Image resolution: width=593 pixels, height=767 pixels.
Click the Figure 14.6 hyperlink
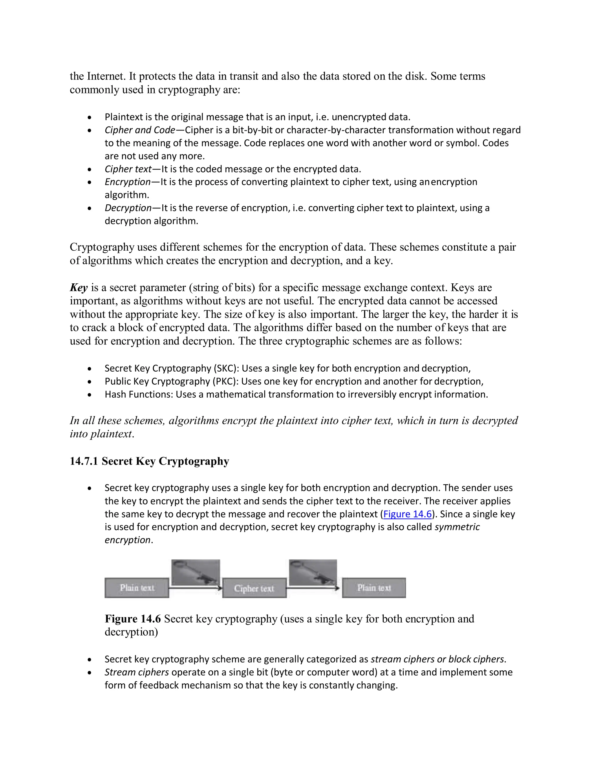[x=407, y=514]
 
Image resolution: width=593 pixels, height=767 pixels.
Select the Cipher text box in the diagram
[x=254, y=588]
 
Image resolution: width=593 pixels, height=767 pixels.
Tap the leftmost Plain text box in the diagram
[x=137, y=588]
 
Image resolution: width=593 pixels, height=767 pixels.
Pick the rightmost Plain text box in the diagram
[x=374, y=588]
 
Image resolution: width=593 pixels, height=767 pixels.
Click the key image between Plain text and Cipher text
[x=196, y=573]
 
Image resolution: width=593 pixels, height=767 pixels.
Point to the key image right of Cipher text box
[x=313, y=573]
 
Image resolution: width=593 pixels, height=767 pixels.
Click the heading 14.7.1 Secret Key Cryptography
[x=149, y=461]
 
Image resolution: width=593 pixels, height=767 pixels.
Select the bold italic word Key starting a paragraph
[x=79, y=288]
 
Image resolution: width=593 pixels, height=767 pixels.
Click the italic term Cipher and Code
[x=140, y=130]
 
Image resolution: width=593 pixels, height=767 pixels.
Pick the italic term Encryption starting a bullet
[x=127, y=182]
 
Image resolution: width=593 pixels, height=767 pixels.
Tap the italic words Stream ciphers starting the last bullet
[x=137, y=672]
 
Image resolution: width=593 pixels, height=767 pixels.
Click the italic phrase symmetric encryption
[x=457, y=527]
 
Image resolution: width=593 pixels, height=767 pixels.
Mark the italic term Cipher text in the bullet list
[x=128, y=169]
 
